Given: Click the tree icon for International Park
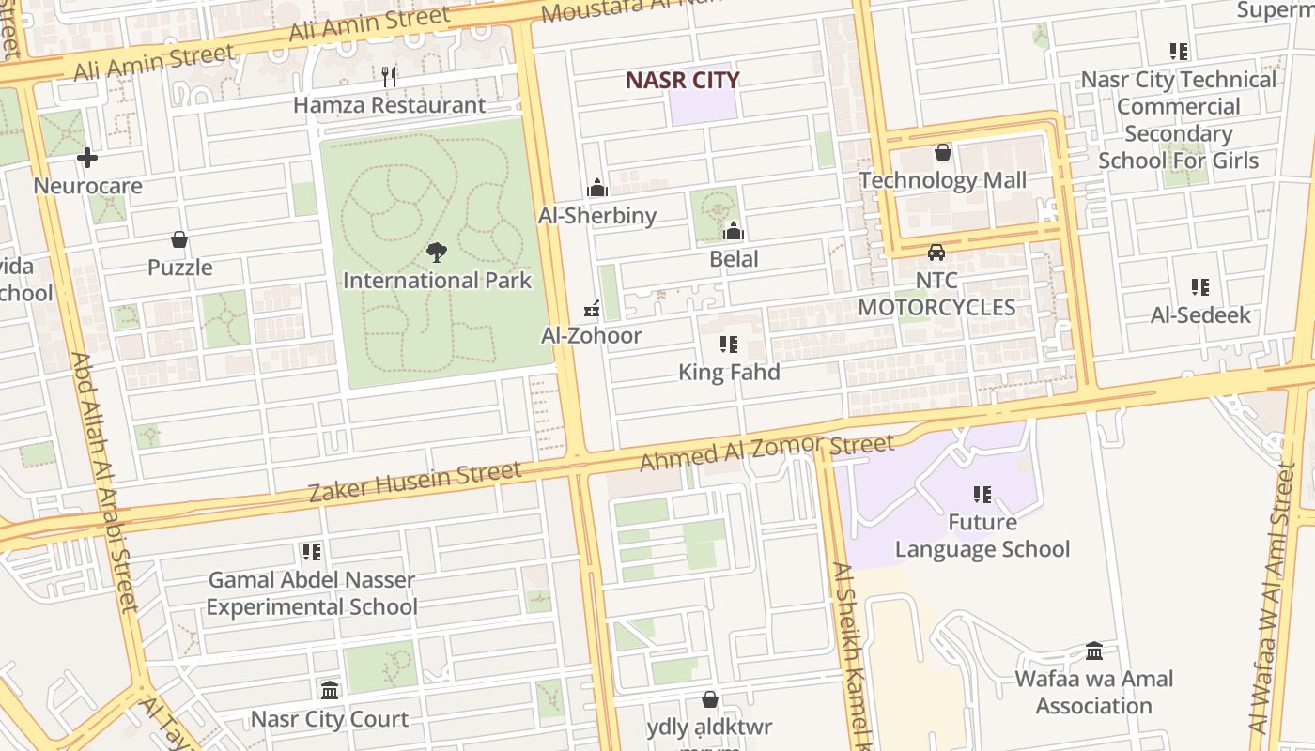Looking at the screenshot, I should click(x=436, y=252).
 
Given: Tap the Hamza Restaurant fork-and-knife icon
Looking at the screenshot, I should click(x=389, y=76).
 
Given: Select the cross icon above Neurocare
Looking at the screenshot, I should click(x=87, y=157).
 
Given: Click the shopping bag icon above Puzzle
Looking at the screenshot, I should click(x=179, y=240).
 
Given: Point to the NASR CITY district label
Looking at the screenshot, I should click(x=682, y=80).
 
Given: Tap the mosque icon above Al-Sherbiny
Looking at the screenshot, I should click(x=596, y=188).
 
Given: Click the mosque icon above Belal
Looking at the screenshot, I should click(x=734, y=231).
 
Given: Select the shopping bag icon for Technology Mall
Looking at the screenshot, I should click(x=943, y=152).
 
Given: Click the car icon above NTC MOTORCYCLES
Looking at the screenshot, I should click(x=936, y=252).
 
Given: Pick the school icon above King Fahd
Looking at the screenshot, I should click(x=729, y=345).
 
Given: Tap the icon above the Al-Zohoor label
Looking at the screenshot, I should click(x=592, y=308).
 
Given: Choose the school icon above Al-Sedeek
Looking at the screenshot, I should click(x=1200, y=287).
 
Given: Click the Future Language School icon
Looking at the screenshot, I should click(x=982, y=495).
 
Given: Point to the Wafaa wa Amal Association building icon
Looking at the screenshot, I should click(x=1094, y=651).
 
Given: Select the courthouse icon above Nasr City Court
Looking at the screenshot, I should click(x=330, y=691).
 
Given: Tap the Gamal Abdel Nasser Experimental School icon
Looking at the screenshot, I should click(x=312, y=552).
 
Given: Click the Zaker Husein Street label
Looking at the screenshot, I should click(x=415, y=481).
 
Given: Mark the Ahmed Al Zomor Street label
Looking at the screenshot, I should click(x=766, y=453).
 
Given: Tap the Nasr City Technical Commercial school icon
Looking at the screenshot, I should click(x=1179, y=52).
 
